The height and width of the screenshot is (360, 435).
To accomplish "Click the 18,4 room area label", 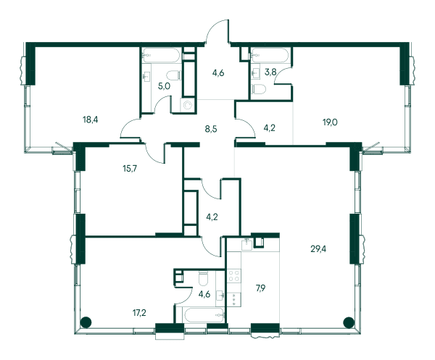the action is tap(91, 120).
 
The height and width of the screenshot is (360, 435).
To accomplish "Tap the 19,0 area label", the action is tap(330, 122).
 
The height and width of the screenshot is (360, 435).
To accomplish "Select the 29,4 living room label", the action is tap(318, 249).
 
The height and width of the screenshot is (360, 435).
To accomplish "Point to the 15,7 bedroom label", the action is tap(130, 168).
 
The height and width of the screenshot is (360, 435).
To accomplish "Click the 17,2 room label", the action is tap(139, 313).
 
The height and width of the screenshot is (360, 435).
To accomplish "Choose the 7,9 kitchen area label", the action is tap(260, 288).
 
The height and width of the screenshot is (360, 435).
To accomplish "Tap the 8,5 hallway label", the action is tap(211, 129).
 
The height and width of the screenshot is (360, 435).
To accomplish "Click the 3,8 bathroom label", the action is tap(270, 72).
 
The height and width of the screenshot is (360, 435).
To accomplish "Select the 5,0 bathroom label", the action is tap(164, 86).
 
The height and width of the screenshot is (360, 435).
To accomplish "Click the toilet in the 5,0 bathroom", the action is tap(174, 75).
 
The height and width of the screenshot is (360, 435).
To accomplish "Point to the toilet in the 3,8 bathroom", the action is tap(259, 89).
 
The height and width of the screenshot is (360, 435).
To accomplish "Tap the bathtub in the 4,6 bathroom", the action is tap(204, 315).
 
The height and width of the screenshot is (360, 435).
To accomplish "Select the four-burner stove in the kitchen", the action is tap(234, 276).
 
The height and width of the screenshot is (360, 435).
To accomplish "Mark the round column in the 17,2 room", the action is tap(86, 322).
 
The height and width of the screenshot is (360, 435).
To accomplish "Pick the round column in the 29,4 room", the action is tap(349, 322).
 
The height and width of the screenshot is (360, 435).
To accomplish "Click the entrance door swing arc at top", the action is tap(213, 27).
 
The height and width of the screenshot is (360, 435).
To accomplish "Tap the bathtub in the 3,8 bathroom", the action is tap(270, 55).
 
